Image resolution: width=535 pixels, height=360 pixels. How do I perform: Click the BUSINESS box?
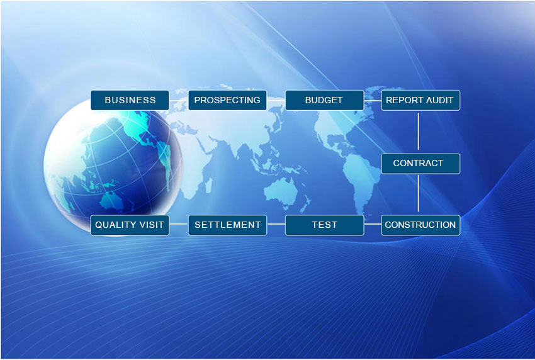tap(130, 100)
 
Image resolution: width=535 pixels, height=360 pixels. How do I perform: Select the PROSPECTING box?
tap(227, 100)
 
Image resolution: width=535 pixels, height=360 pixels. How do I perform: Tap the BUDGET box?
tap(325, 100)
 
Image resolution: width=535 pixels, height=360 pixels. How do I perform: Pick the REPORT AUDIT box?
tap(420, 100)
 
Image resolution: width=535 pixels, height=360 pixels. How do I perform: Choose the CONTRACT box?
tap(420, 164)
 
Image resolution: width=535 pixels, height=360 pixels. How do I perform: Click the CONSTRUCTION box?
tap(420, 225)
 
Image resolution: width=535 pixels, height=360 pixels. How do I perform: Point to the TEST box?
tap(325, 225)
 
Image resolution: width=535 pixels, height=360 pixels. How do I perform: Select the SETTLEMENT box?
tap(227, 225)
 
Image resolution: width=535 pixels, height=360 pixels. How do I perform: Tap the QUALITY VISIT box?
tap(130, 225)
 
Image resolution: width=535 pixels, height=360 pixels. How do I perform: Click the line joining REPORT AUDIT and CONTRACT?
tap(419, 132)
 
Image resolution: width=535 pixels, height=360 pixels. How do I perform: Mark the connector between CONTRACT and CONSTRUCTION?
tap(419, 194)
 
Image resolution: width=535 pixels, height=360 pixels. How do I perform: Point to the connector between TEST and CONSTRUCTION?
tap(372, 224)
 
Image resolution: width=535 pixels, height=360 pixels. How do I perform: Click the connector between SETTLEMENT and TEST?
tap(276, 224)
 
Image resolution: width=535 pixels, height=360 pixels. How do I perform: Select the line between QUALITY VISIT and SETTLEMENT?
tap(179, 224)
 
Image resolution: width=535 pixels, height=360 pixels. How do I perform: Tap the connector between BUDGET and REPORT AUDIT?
tap(372, 101)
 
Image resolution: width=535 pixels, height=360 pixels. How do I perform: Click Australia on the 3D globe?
tap(111, 201)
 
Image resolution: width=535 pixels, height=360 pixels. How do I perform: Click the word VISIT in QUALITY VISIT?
tap(151, 225)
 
